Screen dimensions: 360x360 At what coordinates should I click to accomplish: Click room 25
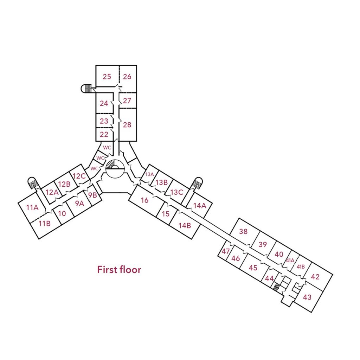tap(107, 76)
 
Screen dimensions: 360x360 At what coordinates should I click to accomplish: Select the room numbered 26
tap(127, 76)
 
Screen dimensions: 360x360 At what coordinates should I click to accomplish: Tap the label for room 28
tap(127, 124)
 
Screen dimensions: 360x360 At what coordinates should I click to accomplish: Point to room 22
tap(104, 134)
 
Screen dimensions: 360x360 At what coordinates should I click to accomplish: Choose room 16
tap(144, 200)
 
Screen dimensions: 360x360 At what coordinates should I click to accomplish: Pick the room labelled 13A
tap(150, 174)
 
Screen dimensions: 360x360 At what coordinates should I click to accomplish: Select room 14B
tap(185, 225)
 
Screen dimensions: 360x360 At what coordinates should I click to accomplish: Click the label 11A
tap(32, 207)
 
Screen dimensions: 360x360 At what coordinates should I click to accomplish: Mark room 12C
tap(79, 176)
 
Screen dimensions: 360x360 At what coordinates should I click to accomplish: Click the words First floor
tap(119, 270)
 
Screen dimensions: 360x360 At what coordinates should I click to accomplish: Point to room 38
tap(244, 231)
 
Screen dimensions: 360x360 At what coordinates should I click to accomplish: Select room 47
tap(226, 251)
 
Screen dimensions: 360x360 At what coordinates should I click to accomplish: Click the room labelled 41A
tap(290, 261)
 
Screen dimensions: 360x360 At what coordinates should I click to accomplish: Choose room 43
tap(307, 297)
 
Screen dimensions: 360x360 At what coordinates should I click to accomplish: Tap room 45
tap(253, 268)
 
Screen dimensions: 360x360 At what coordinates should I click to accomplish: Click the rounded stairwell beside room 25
tap(86, 88)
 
